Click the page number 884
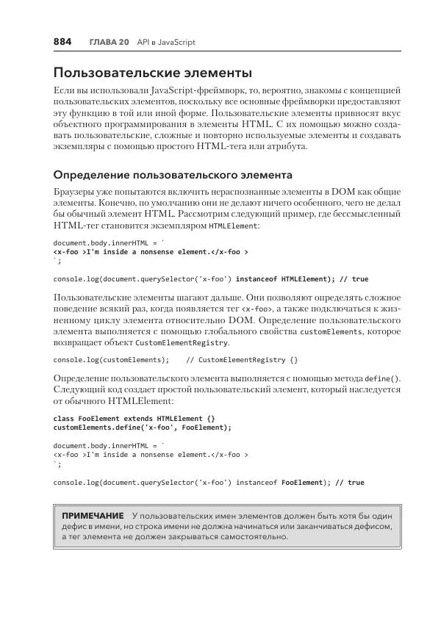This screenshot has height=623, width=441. pyautogui.click(x=62, y=42)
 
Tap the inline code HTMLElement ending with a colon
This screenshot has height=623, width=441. pyautogui.click(x=234, y=227)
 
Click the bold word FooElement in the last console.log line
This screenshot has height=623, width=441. pyautogui.click(x=301, y=483)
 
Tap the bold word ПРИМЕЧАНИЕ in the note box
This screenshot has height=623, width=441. pyautogui.click(x=92, y=516)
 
